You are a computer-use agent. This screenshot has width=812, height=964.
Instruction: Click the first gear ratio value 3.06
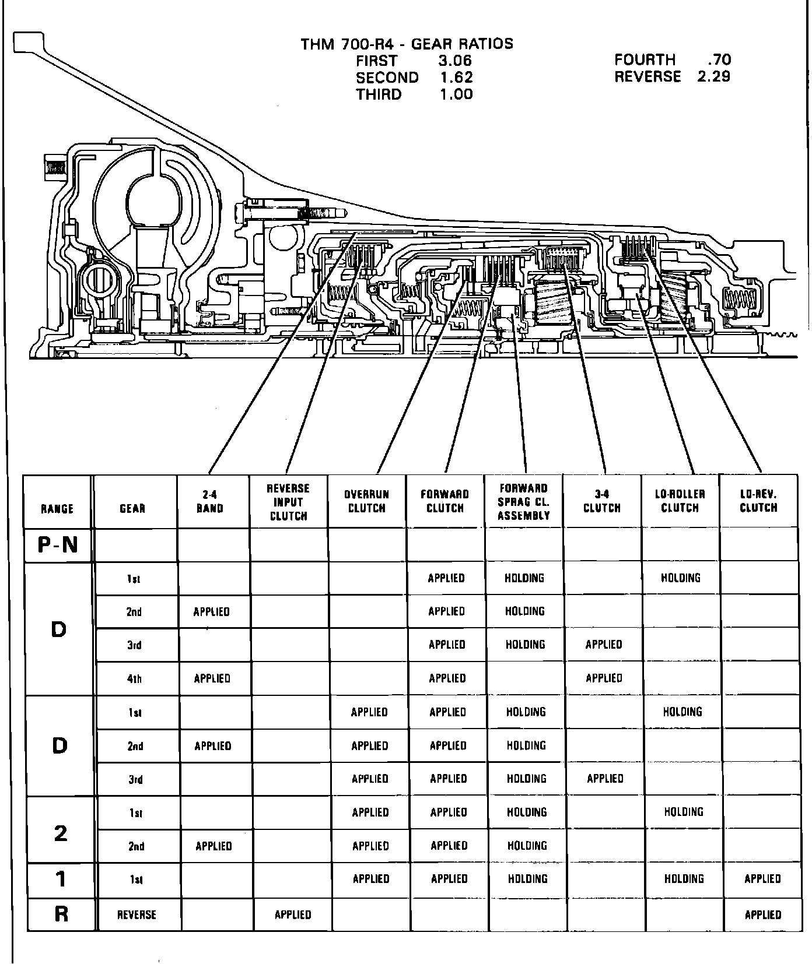454,61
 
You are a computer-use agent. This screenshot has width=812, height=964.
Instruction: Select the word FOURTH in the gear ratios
644,59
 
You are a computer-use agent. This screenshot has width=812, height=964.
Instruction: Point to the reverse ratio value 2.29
713,76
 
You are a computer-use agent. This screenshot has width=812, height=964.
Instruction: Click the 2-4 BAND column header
210,501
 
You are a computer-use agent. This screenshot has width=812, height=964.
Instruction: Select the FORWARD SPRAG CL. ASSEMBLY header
523,501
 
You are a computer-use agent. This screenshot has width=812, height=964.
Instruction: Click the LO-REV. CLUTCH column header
758,501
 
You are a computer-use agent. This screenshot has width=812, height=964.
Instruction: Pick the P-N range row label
57,545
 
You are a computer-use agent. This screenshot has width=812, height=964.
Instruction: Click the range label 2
60,833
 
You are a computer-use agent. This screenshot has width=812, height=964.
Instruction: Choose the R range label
61,914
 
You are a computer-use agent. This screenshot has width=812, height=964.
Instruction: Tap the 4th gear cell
134,678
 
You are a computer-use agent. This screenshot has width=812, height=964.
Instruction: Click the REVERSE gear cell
136,914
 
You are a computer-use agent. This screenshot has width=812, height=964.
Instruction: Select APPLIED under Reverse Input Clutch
293,914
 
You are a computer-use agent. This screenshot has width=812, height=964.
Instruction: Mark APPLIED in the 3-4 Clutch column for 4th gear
604,678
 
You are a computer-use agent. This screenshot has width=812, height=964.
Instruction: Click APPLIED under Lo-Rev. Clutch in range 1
762,879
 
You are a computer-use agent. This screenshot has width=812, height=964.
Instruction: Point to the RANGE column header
57,509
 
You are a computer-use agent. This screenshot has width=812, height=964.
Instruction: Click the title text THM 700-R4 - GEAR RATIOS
407,44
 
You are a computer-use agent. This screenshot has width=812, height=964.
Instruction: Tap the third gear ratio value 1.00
456,94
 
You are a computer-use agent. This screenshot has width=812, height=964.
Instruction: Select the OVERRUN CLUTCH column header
367,501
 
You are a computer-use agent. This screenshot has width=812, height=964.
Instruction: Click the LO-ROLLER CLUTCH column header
680,501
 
